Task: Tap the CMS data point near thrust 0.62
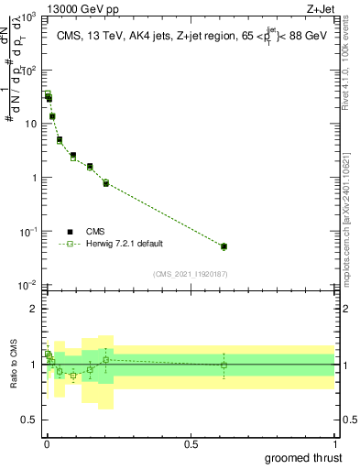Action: [224, 245]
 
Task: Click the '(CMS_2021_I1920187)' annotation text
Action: [190, 274]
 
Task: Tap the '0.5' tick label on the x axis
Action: [191, 444]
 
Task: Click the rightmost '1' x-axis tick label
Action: [334, 444]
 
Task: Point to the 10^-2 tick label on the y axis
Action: [25, 284]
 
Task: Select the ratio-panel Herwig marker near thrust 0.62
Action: [224, 365]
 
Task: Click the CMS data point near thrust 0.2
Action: [106, 182]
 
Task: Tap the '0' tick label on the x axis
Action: [47, 444]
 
